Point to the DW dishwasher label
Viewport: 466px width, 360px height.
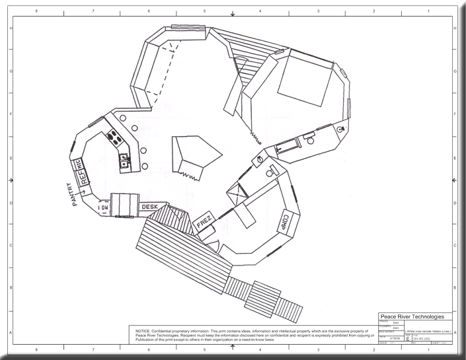(103, 208)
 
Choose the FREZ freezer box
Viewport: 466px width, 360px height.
(204, 223)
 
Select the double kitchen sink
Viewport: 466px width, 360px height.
(124, 160)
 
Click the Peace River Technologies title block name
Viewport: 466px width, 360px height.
(414, 317)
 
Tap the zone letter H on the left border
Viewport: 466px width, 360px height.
(10, 28)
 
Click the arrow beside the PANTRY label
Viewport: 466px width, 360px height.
(83, 192)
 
